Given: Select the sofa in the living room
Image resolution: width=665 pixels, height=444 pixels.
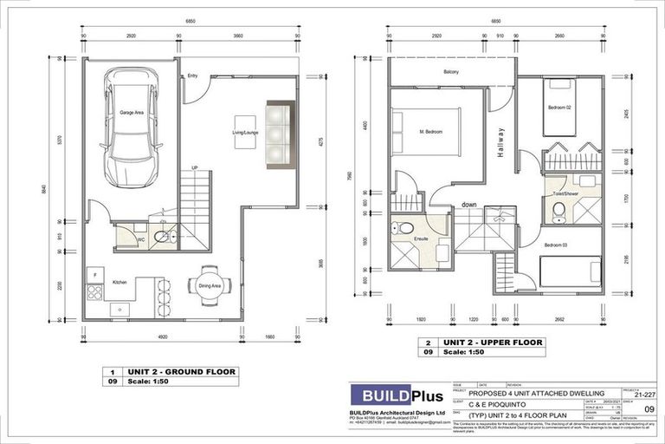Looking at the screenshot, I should (280, 134).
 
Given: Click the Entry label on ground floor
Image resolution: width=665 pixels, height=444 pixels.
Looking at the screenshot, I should (192, 76).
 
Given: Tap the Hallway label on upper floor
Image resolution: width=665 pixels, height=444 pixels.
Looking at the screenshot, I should (500, 143).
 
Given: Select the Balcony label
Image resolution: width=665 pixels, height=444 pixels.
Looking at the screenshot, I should (450, 72).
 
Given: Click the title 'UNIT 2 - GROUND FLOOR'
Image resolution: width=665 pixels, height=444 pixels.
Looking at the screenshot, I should (181, 372).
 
